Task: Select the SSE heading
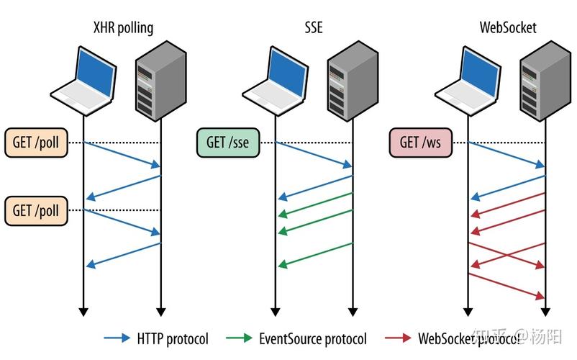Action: [x=313, y=28]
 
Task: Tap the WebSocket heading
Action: [x=507, y=28]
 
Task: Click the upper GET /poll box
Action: [x=36, y=142]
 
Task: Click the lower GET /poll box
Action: [x=36, y=210]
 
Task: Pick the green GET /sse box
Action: [x=227, y=142]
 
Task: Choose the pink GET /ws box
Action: [x=420, y=142]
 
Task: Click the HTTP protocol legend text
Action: [x=173, y=338]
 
